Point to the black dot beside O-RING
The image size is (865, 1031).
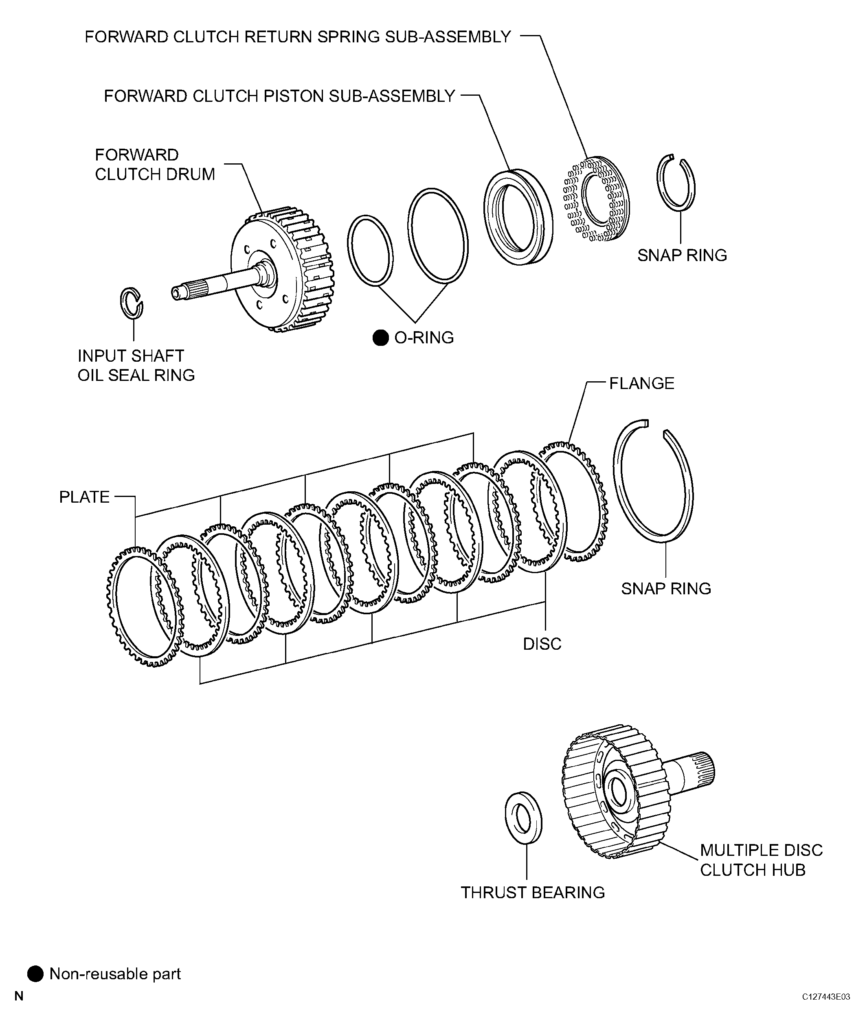pyautogui.click(x=380, y=338)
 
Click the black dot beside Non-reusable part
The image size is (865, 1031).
pyautogui.click(x=35, y=974)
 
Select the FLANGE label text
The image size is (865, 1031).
pyautogui.click(x=642, y=383)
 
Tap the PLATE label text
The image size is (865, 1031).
pyautogui.click(x=84, y=497)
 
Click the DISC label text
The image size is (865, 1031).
pyautogui.click(x=542, y=644)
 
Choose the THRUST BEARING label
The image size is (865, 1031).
pyautogui.click(x=533, y=893)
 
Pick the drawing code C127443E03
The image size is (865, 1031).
pyautogui.click(x=826, y=997)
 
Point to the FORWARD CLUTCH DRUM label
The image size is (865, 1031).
pyautogui.click(x=155, y=165)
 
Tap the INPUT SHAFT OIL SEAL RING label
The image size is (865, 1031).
pyautogui.click(x=136, y=365)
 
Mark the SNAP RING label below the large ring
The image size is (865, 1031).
pyautogui.click(x=666, y=589)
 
